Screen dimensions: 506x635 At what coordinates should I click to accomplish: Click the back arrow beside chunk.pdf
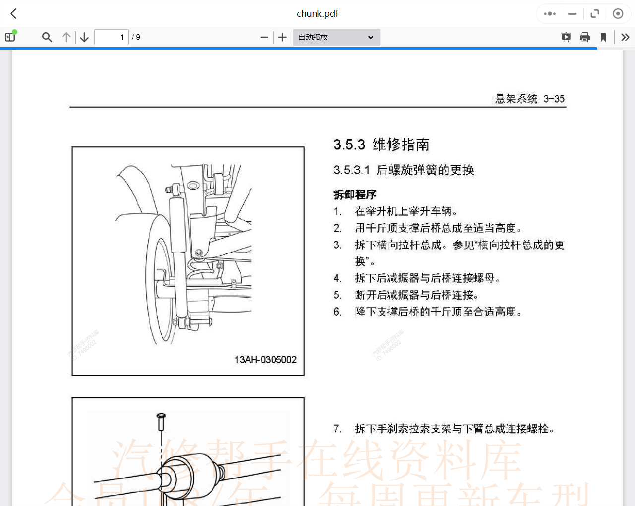point(13,14)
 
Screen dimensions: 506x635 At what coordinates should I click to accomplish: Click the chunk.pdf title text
point(317,14)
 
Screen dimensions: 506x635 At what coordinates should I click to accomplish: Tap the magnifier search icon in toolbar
point(47,37)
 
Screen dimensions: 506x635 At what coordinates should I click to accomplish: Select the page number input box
point(112,37)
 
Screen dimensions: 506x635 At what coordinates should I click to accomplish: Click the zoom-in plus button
point(282,37)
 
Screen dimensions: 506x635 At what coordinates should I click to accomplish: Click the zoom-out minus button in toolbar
point(264,37)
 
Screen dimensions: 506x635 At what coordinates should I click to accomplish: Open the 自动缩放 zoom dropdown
point(336,37)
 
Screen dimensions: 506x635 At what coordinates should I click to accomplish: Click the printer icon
point(585,37)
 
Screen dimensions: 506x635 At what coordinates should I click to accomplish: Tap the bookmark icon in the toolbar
point(603,37)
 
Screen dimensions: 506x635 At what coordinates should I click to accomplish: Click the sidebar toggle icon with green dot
point(10,37)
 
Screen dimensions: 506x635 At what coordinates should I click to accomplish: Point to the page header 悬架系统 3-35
point(529,99)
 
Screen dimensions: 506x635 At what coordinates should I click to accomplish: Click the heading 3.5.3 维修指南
point(381,145)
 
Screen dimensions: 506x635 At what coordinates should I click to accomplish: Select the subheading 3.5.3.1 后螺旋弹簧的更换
point(403,170)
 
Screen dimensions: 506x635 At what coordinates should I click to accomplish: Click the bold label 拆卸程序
point(355,194)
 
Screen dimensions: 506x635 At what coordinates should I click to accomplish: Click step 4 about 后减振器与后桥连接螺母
point(427,278)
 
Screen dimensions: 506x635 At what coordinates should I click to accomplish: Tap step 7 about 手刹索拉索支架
point(454,429)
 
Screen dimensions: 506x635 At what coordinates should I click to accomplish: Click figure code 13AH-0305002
point(265,360)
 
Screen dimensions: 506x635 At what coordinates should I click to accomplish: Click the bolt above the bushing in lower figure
point(161,421)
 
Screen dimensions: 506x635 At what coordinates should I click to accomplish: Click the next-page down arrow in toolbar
point(84,37)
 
